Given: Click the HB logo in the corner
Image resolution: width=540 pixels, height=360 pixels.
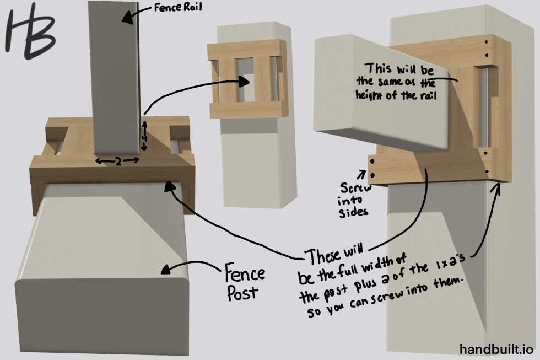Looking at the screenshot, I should coord(30,34).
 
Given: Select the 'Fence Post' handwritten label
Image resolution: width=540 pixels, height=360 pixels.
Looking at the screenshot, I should coord(245,282).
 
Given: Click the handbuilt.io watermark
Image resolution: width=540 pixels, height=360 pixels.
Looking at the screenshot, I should coord(496,349).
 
